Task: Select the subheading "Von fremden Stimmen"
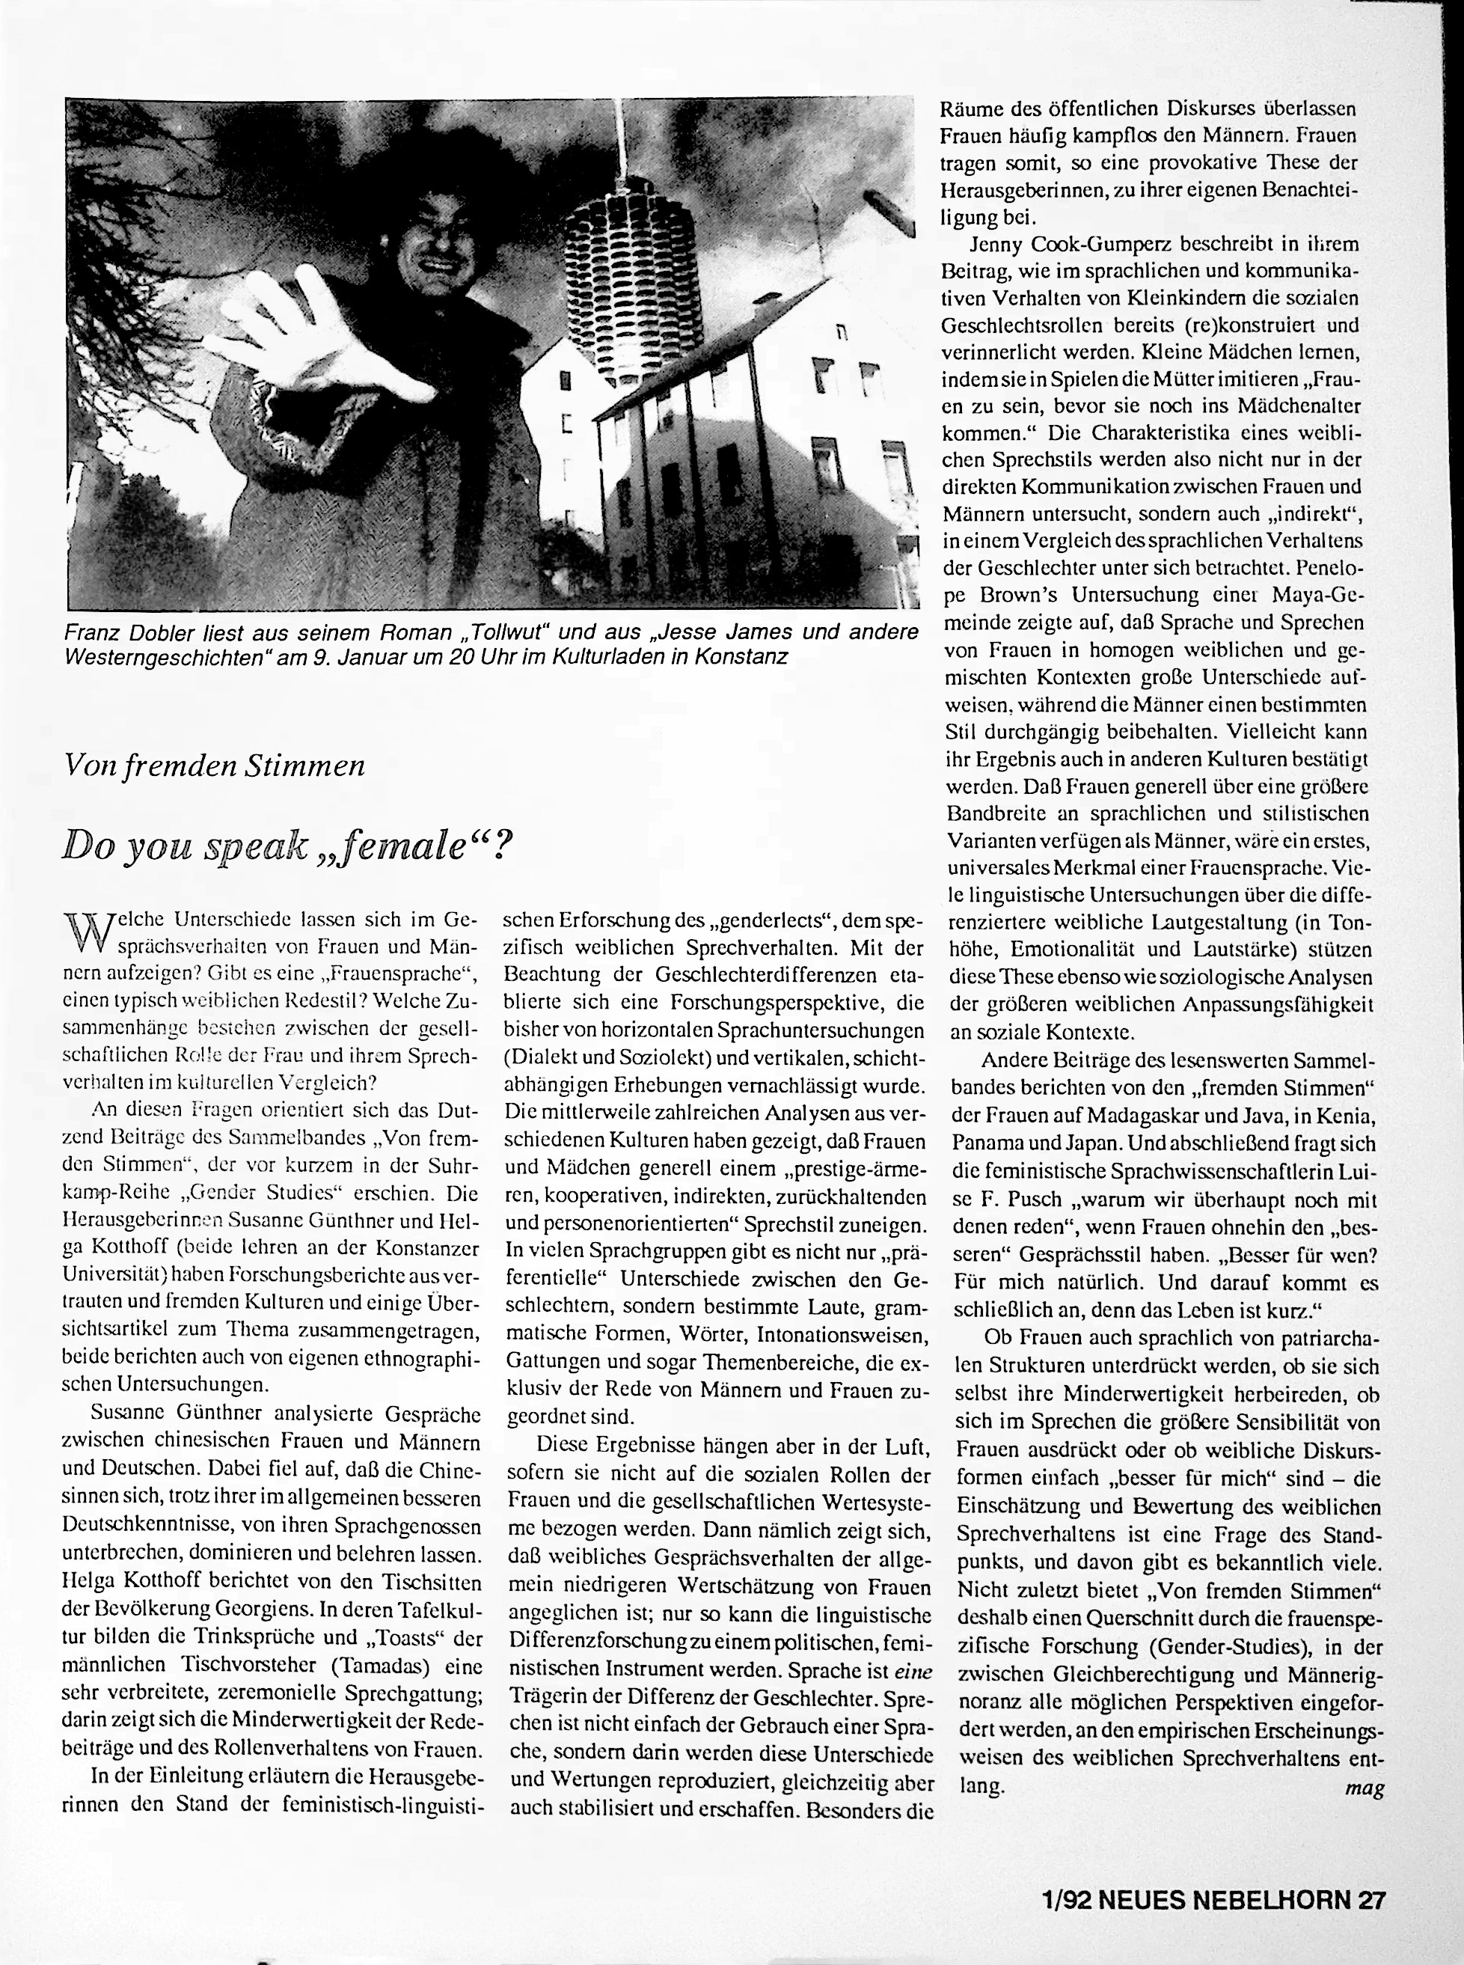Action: (x=215, y=765)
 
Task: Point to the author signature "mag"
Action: (x=1364, y=1787)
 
